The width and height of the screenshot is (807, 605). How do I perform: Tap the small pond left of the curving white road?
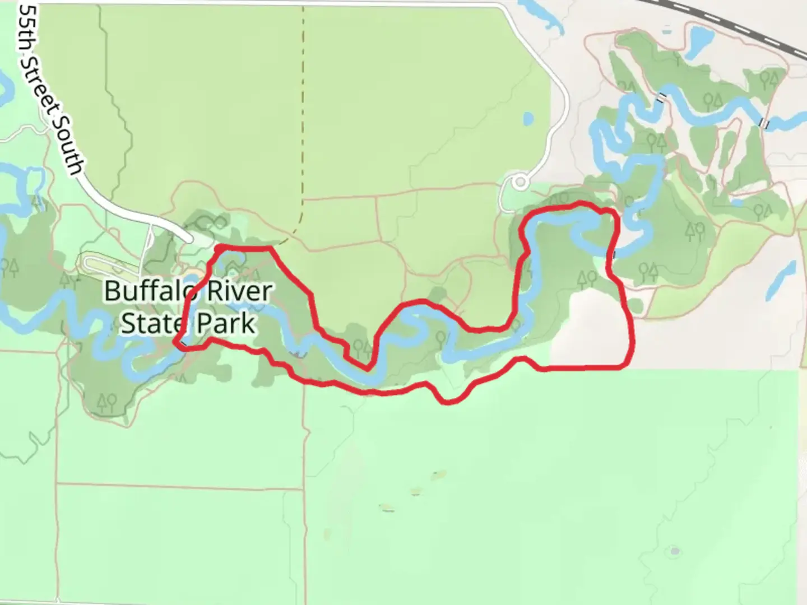point(528,119)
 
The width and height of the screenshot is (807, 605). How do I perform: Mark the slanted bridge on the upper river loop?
point(662,97)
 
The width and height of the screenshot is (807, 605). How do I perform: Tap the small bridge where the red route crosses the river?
point(614,255)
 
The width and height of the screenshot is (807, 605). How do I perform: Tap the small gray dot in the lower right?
point(675,551)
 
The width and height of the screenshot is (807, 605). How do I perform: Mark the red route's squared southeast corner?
point(627,365)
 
